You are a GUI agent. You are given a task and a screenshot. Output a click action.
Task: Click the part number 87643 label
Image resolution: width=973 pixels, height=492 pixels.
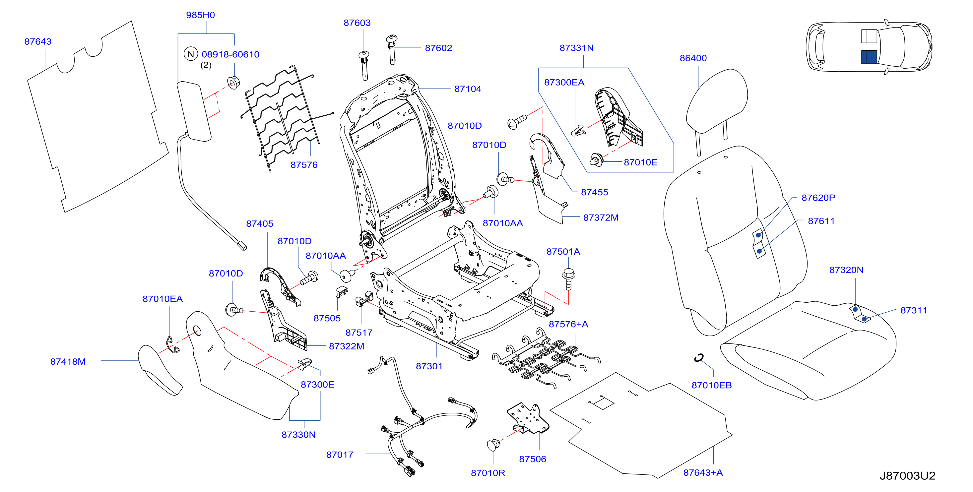pos(38,41)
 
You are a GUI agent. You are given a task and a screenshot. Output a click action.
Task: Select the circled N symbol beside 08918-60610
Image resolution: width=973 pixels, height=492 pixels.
pos(191,54)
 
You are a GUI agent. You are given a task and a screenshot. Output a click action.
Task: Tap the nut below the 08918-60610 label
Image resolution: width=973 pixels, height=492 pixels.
pos(233,82)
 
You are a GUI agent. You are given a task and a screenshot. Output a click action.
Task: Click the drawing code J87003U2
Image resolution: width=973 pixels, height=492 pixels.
pos(907,475)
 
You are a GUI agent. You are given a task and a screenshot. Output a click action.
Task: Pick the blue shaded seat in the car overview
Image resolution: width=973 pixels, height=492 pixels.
pos(869,57)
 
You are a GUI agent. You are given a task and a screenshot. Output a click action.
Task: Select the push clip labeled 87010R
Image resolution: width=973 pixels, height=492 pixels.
pos(493,445)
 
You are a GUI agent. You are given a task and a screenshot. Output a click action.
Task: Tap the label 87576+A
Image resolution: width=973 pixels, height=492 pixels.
pos(568,324)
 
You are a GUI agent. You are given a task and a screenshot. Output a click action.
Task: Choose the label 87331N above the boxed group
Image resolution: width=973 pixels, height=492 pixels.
pos(576,48)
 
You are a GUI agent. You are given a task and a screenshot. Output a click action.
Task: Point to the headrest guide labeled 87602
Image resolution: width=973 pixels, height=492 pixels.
pos(392,49)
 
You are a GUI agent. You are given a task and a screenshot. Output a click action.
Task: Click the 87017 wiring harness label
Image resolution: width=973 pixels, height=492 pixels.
pos(340,455)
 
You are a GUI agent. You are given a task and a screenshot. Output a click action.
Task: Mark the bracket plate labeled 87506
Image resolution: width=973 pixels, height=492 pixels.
pos(528,418)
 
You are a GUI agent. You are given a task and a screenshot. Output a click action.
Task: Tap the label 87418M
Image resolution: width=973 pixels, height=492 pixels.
pos(68,361)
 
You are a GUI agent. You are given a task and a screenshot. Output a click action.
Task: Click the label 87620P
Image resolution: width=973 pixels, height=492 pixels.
pos(818,198)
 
